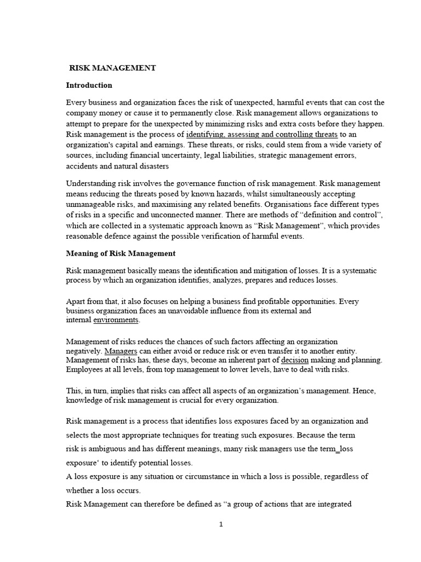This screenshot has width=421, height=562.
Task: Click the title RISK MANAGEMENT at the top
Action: point(112,68)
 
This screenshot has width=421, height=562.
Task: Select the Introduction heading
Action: point(89,85)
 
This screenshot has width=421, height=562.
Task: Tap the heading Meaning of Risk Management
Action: point(121,254)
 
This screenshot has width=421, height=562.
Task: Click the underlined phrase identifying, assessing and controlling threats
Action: point(262,134)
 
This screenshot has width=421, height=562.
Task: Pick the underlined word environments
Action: point(116,320)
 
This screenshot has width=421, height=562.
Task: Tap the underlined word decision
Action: point(295,360)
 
